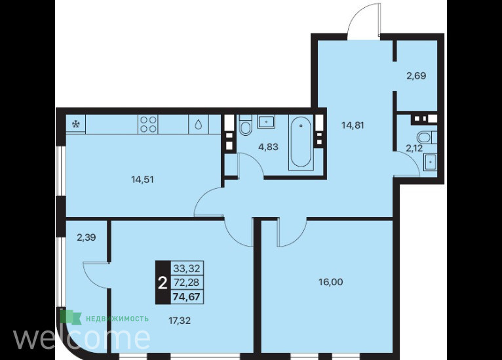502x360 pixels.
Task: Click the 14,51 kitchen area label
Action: click(142, 180)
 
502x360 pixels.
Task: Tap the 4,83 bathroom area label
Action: click(268, 147)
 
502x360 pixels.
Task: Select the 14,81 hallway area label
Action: click(353, 125)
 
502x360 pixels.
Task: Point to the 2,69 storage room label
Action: click(416, 76)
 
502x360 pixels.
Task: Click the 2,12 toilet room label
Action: click(414, 148)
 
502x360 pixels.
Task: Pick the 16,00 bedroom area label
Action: click(331, 282)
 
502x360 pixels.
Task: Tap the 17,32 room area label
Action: click(180, 320)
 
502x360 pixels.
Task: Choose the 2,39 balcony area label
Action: click(87, 237)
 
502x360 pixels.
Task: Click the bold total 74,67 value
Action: click(186, 297)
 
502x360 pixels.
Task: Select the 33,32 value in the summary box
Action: click(186, 268)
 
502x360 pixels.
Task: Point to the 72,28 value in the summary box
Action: click(186, 283)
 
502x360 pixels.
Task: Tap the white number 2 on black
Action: click(163, 283)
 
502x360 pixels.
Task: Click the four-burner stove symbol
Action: click(149, 125)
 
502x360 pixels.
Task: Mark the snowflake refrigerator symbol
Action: click(76, 125)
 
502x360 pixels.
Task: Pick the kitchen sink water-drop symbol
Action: click(199, 125)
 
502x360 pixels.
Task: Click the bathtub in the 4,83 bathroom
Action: click(301, 142)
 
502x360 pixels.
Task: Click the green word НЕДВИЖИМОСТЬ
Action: click(117, 319)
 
